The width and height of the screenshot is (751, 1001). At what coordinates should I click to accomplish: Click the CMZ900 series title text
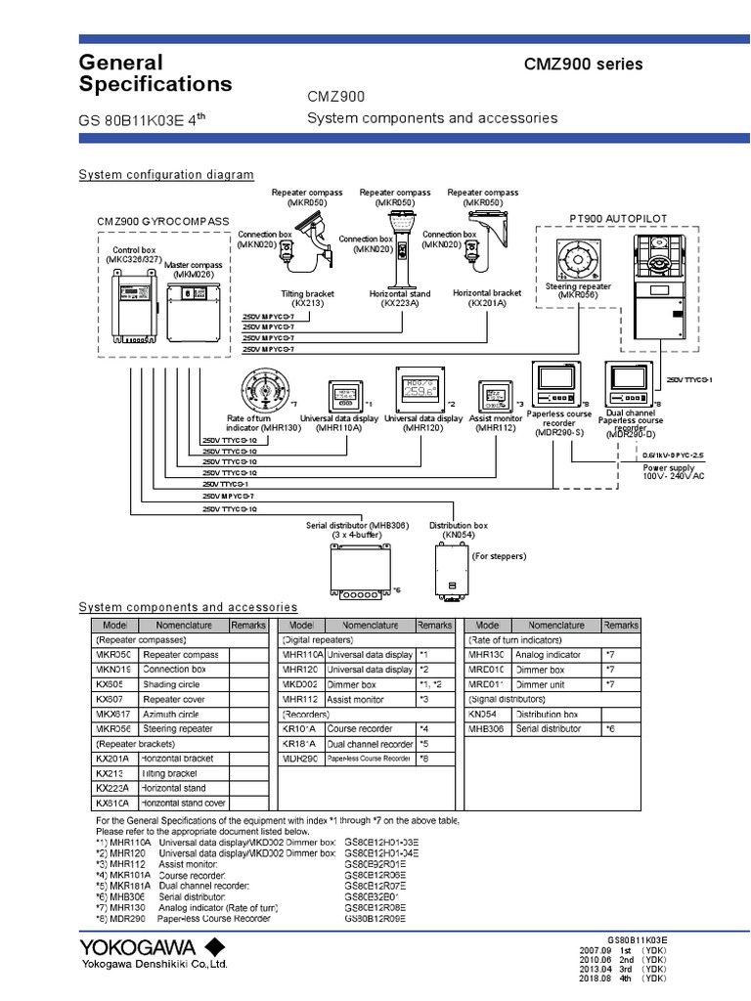(584, 65)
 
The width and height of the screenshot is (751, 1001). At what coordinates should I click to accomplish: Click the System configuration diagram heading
(165, 175)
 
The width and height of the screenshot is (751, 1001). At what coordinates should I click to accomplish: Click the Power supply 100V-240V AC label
(673, 472)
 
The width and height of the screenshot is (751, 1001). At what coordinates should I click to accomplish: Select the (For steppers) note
(499, 556)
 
